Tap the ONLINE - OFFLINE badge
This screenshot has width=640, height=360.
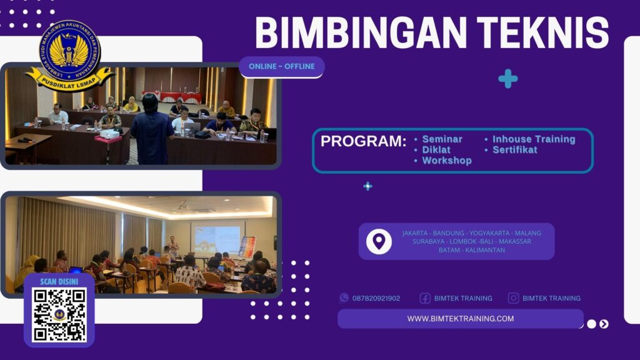pos(282,66)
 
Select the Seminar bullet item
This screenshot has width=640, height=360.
pos(442,139)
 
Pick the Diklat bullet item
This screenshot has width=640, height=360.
pos(436,150)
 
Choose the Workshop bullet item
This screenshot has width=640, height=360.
pos(447,161)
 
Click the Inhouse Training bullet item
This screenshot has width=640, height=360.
pos(534,139)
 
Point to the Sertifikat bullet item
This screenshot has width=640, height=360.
pos(515,150)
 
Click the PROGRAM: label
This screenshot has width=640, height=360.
pos(363,141)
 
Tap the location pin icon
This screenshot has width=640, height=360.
pos(379,241)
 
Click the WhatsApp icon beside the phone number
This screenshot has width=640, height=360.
pos(344,298)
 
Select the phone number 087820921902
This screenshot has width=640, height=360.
pos(376,298)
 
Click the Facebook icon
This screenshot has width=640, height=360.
pos(425,298)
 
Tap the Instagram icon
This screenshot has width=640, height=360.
pos(513,298)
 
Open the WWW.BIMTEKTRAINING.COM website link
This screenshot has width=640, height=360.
pos(461,319)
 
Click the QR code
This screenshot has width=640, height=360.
pos(59,315)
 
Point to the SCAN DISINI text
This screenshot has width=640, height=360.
pos(59,281)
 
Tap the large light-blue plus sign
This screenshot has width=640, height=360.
pos(507,78)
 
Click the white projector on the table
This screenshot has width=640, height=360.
pos(109,133)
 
